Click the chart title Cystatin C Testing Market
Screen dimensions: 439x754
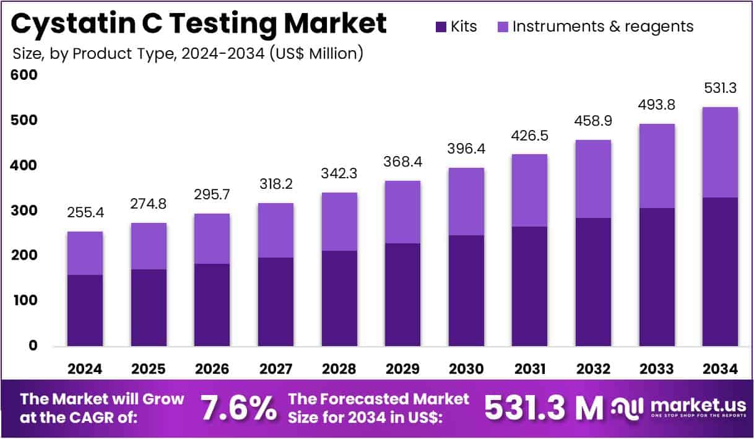[x=198, y=24]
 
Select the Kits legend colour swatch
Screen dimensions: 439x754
[x=441, y=27]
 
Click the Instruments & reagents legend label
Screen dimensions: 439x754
[x=603, y=27]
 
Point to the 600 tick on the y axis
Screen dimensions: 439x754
[x=24, y=75]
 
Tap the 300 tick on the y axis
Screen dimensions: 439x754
[x=24, y=211]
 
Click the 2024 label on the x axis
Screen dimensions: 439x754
[x=85, y=369]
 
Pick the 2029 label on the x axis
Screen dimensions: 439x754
[x=402, y=369]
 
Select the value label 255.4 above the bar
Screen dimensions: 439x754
[x=85, y=214]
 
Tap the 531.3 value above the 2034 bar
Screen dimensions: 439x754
[x=720, y=89]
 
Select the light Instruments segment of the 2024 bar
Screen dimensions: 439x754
[x=85, y=253]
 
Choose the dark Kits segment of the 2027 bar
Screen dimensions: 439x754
[x=275, y=301]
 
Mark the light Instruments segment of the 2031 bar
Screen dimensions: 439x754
[x=529, y=190]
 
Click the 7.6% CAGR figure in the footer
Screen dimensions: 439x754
[x=238, y=408]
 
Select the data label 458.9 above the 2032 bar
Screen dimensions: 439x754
[x=593, y=121]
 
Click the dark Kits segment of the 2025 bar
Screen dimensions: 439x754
[x=149, y=307]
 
